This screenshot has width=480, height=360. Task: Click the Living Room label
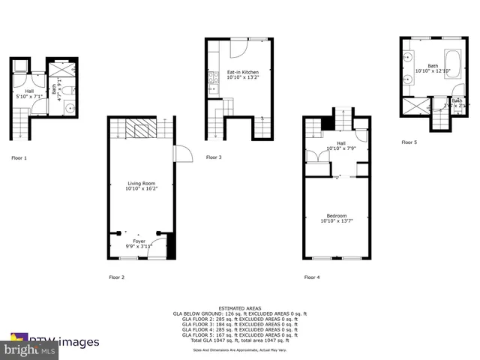[x=142, y=182]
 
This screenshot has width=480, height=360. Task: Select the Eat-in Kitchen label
[x=243, y=72]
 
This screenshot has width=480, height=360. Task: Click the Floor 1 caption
[x=19, y=157]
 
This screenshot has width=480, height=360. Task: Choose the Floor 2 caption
[x=116, y=277]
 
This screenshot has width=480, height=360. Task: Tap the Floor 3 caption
[x=214, y=157]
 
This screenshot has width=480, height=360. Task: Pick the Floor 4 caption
[x=312, y=277]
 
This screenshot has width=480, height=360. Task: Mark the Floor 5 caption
[x=409, y=142]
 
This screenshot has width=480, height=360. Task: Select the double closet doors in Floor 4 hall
[x=317, y=160]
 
